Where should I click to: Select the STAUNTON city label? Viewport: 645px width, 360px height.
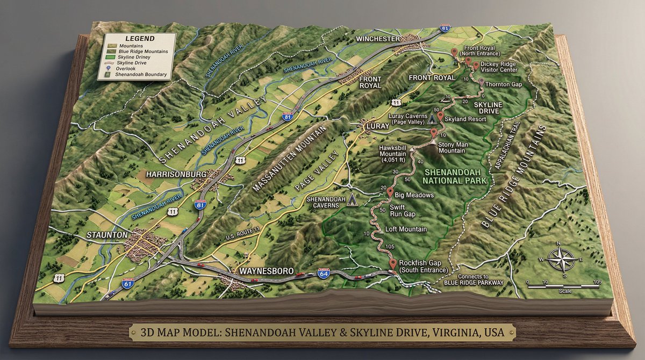click(x=107, y=235)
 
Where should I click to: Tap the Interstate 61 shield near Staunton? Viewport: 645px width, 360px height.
click(x=127, y=283)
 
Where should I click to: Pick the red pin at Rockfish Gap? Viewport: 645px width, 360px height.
click(x=393, y=263)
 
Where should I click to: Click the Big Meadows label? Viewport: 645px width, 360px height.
click(x=414, y=195)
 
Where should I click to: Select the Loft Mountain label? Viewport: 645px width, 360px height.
click(x=406, y=229)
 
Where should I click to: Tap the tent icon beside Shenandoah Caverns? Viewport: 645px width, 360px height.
click(x=353, y=200)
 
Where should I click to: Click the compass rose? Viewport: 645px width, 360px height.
click(x=560, y=260)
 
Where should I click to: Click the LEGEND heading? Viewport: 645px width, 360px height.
click(x=139, y=39)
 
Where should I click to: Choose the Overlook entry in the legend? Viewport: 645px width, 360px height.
click(x=128, y=69)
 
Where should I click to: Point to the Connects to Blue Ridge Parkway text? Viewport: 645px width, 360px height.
click(x=474, y=279)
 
